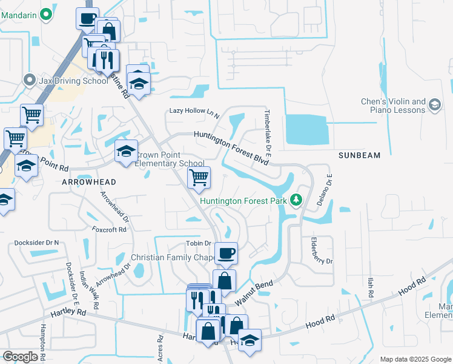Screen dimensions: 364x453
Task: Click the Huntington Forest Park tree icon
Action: pos(296,200)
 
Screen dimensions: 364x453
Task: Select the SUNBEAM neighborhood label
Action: pos(359,155)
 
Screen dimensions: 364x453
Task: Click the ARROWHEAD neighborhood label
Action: pos(88,181)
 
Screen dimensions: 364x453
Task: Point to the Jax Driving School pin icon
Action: pos(28,81)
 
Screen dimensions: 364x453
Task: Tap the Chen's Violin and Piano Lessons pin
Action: pos(434,106)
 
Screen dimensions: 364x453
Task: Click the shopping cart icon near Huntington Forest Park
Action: pos(199,178)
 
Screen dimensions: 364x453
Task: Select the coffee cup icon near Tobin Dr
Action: pos(226,253)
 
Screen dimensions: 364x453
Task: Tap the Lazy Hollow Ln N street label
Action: pos(194,112)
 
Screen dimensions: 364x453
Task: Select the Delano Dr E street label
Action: pos(330,188)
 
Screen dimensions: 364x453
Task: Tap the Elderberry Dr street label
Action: pos(321,252)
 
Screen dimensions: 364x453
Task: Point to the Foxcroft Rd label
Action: pos(109,230)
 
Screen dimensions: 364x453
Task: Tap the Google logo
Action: pos(21,357)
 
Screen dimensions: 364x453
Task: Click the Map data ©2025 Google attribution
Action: pos(415,359)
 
